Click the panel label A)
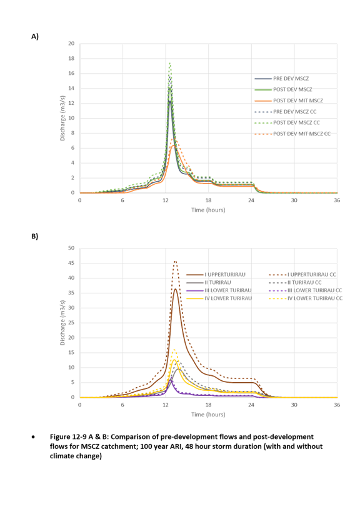coord(35,36)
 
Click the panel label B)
coord(35,237)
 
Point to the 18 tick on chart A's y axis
coord(71,58)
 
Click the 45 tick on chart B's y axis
coord(71,263)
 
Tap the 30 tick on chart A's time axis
coord(294,200)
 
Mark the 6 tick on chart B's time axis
coord(122,405)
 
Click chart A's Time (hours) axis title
coord(208,210)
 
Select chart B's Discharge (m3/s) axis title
coord(62,323)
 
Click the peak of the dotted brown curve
coord(176,262)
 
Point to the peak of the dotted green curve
coord(169,62)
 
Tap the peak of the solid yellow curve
coord(174,360)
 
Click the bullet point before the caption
coord(33,437)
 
